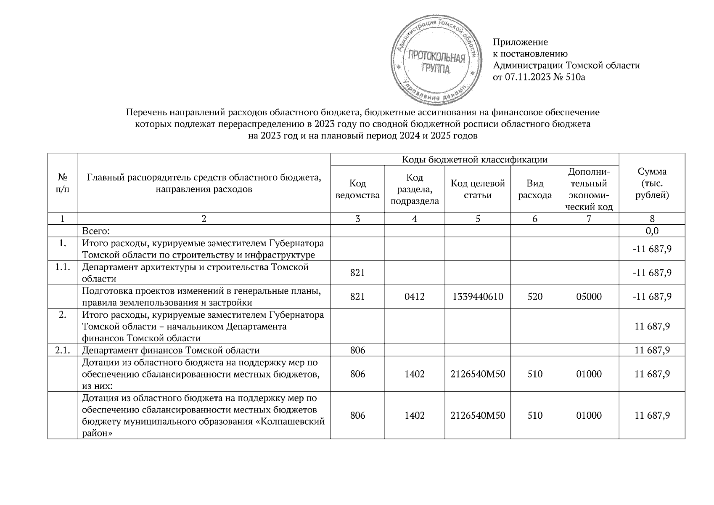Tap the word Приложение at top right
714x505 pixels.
[520, 42]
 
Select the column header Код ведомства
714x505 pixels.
[357, 189]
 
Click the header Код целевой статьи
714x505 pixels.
[477, 189]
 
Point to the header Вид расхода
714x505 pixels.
[534, 189]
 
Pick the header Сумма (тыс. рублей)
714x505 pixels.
[651, 183]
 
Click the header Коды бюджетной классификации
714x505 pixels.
[474, 159]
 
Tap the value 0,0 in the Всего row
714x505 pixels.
[652, 231]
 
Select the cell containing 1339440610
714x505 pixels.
[477, 296]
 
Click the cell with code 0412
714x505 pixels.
[414, 296]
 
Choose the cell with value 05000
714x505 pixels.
[588, 296]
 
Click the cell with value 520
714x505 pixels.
[534, 296]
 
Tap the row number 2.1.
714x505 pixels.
[62, 350]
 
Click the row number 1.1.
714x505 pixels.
[62, 267]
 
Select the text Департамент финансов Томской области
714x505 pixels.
[170, 350]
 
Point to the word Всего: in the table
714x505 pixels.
[96, 231]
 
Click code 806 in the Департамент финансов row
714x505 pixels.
[357, 350]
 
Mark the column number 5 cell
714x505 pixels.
[477, 218]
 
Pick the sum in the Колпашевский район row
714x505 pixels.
[652, 415]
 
